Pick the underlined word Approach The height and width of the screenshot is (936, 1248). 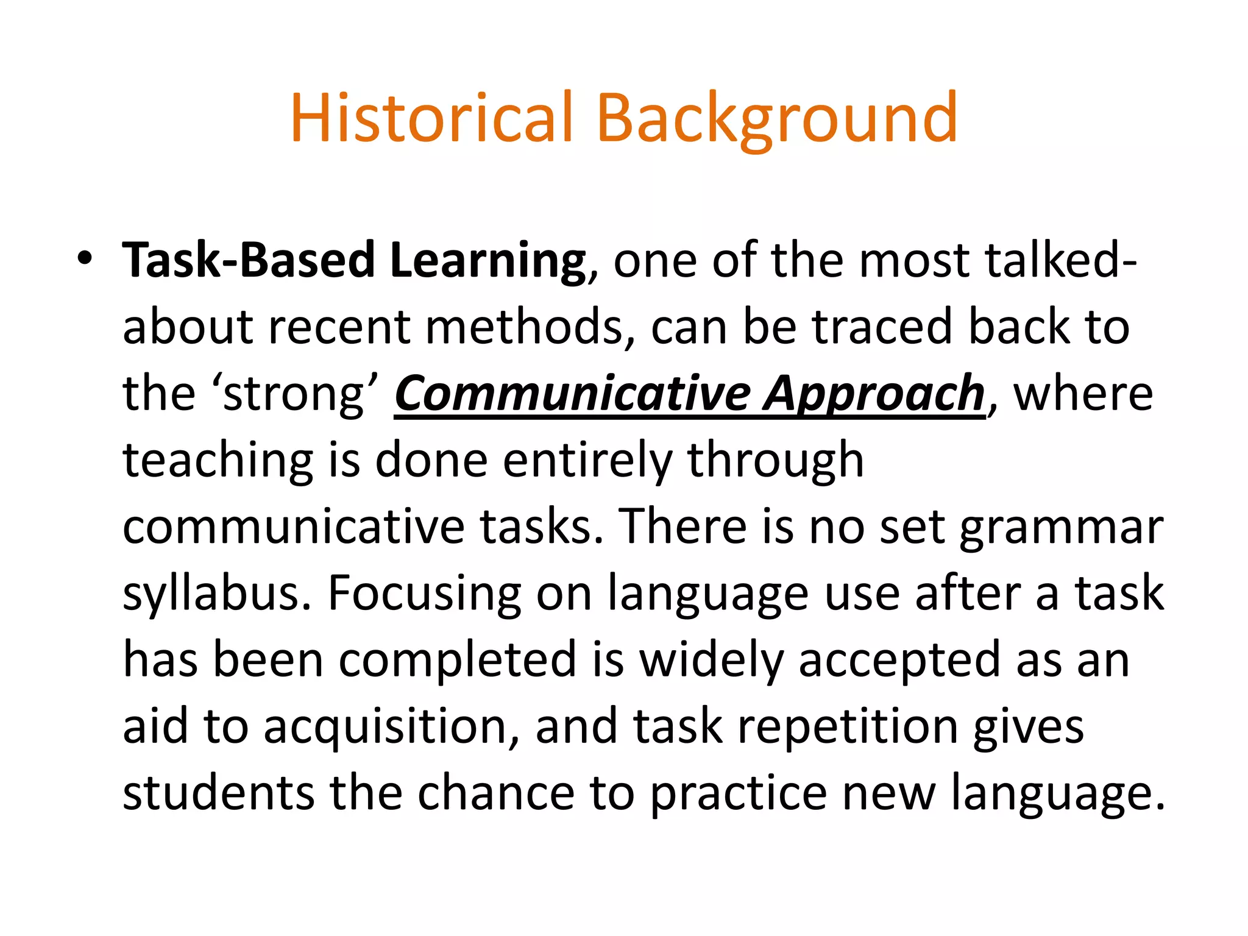(x=874, y=394)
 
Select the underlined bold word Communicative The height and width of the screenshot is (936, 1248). (x=573, y=394)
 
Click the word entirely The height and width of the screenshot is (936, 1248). (x=587, y=461)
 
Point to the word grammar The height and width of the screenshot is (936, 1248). (x=1062, y=528)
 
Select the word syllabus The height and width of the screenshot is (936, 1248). (x=217, y=594)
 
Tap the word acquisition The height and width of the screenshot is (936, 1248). (x=392, y=726)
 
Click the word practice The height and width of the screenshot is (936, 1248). (x=738, y=793)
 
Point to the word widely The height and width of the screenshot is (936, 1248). (x=712, y=661)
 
